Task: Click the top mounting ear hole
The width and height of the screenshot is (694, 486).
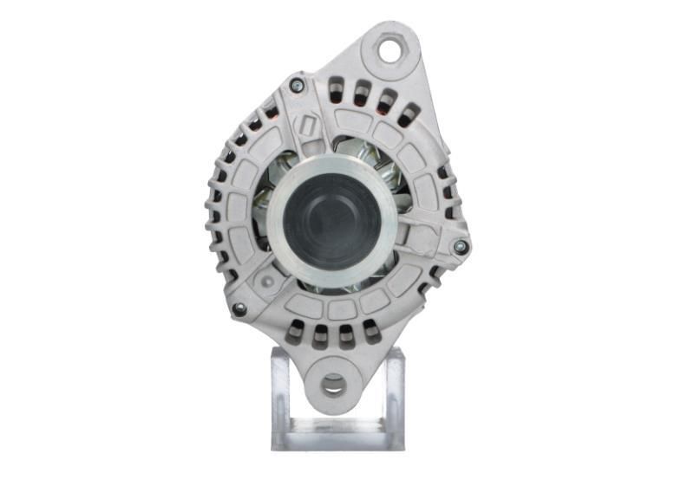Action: pyautogui.click(x=390, y=50)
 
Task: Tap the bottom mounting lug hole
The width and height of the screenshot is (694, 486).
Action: pyautogui.click(x=333, y=382)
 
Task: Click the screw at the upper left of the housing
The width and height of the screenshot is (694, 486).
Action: pyautogui.click(x=297, y=84)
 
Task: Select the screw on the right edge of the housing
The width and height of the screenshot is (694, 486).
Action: pyautogui.click(x=461, y=247)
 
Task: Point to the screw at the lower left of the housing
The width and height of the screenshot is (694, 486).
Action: pyautogui.click(x=239, y=308)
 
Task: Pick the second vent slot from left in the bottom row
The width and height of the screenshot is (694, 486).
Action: pyautogui.click(x=321, y=334)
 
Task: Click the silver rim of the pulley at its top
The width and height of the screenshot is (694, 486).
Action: pyautogui.click(x=333, y=164)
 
